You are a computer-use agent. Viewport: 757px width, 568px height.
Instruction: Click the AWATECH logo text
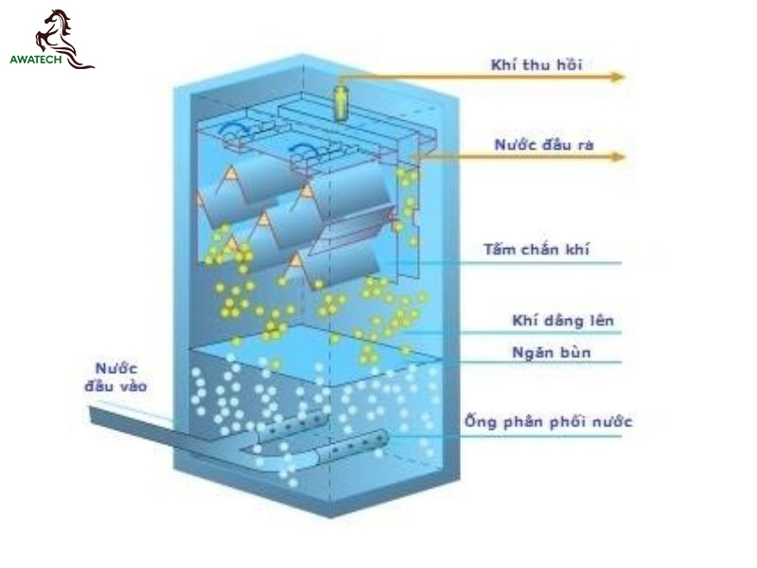click(x=36, y=60)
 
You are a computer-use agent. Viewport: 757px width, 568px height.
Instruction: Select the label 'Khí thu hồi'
click(x=537, y=64)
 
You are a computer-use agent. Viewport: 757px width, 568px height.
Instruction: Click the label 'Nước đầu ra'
click(x=544, y=145)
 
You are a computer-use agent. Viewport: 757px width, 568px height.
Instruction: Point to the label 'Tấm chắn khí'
click(x=537, y=249)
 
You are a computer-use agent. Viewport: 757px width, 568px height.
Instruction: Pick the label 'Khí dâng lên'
click(x=562, y=320)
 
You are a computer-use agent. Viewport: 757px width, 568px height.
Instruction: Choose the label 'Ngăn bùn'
click(x=552, y=352)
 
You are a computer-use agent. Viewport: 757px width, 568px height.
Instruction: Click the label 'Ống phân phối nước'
click(x=549, y=421)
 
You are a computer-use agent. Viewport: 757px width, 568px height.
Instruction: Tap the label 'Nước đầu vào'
click(x=115, y=377)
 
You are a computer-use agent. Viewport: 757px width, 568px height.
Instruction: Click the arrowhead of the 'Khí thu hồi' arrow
click(x=618, y=77)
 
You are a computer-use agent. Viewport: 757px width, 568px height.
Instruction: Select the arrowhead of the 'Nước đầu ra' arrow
click(x=618, y=156)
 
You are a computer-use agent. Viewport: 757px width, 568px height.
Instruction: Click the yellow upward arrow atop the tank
click(x=341, y=102)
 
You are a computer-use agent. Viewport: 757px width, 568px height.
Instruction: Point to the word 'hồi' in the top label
click(x=570, y=64)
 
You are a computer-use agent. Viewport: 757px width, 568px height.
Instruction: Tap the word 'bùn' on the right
click(x=575, y=352)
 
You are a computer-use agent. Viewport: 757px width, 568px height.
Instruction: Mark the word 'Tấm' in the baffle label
click(x=500, y=249)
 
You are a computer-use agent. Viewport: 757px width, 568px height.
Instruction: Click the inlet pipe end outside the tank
click(x=93, y=414)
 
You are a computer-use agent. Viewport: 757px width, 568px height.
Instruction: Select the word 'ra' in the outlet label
click(x=585, y=146)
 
